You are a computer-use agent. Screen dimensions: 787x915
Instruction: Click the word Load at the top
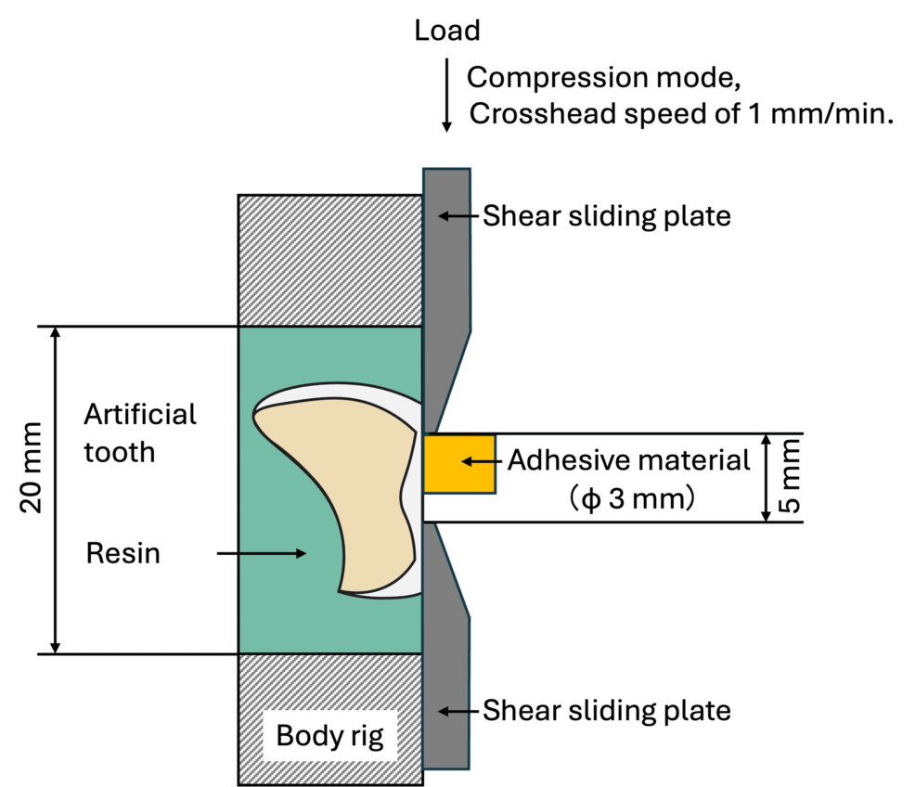click(446, 31)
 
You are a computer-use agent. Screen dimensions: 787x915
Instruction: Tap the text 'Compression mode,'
click(604, 77)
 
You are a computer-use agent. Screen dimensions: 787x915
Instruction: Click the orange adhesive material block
click(458, 463)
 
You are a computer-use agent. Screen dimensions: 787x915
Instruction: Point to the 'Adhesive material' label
click(628, 460)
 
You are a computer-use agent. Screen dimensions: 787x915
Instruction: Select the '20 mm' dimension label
click(33, 489)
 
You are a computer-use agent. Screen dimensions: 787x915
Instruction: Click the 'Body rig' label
click(329, 739)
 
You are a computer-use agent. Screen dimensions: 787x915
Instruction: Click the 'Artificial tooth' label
click(140, 432)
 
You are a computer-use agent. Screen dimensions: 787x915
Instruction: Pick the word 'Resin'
click(122, 554)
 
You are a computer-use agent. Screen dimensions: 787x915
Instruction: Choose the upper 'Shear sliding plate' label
click(607, 216)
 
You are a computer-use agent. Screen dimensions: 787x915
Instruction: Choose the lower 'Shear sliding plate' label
click(607, 711)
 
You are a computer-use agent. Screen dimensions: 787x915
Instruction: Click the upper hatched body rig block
click(329, 260)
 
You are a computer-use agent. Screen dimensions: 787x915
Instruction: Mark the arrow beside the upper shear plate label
click(459, 216)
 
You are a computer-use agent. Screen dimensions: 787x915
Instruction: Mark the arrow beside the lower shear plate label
click(459, 711)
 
